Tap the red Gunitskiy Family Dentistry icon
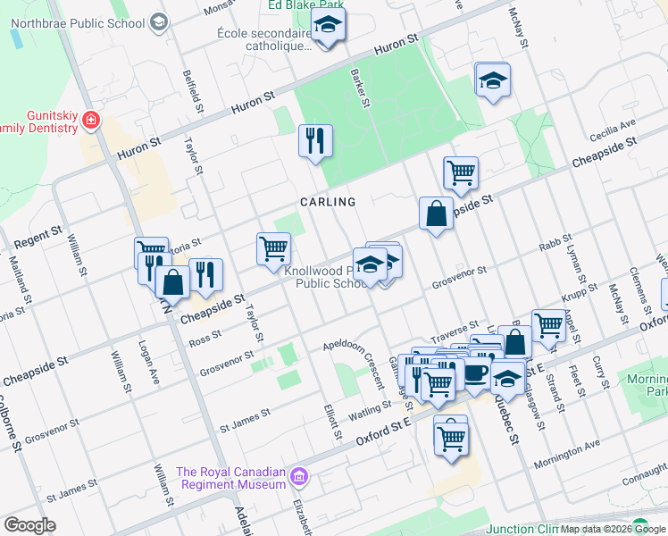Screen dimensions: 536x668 (x=90, y=120)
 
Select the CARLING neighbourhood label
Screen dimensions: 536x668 (x=327, y=202)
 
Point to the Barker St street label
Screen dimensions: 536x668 (x=361, y=88)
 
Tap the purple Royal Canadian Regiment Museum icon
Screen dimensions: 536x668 (x=300, y=479)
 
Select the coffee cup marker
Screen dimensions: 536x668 (x=475, y=373)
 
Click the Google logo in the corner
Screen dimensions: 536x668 (x=29, y=524)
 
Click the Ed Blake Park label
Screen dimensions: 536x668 (x=304, y=6)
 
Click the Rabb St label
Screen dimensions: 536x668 (x=554, y=247)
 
